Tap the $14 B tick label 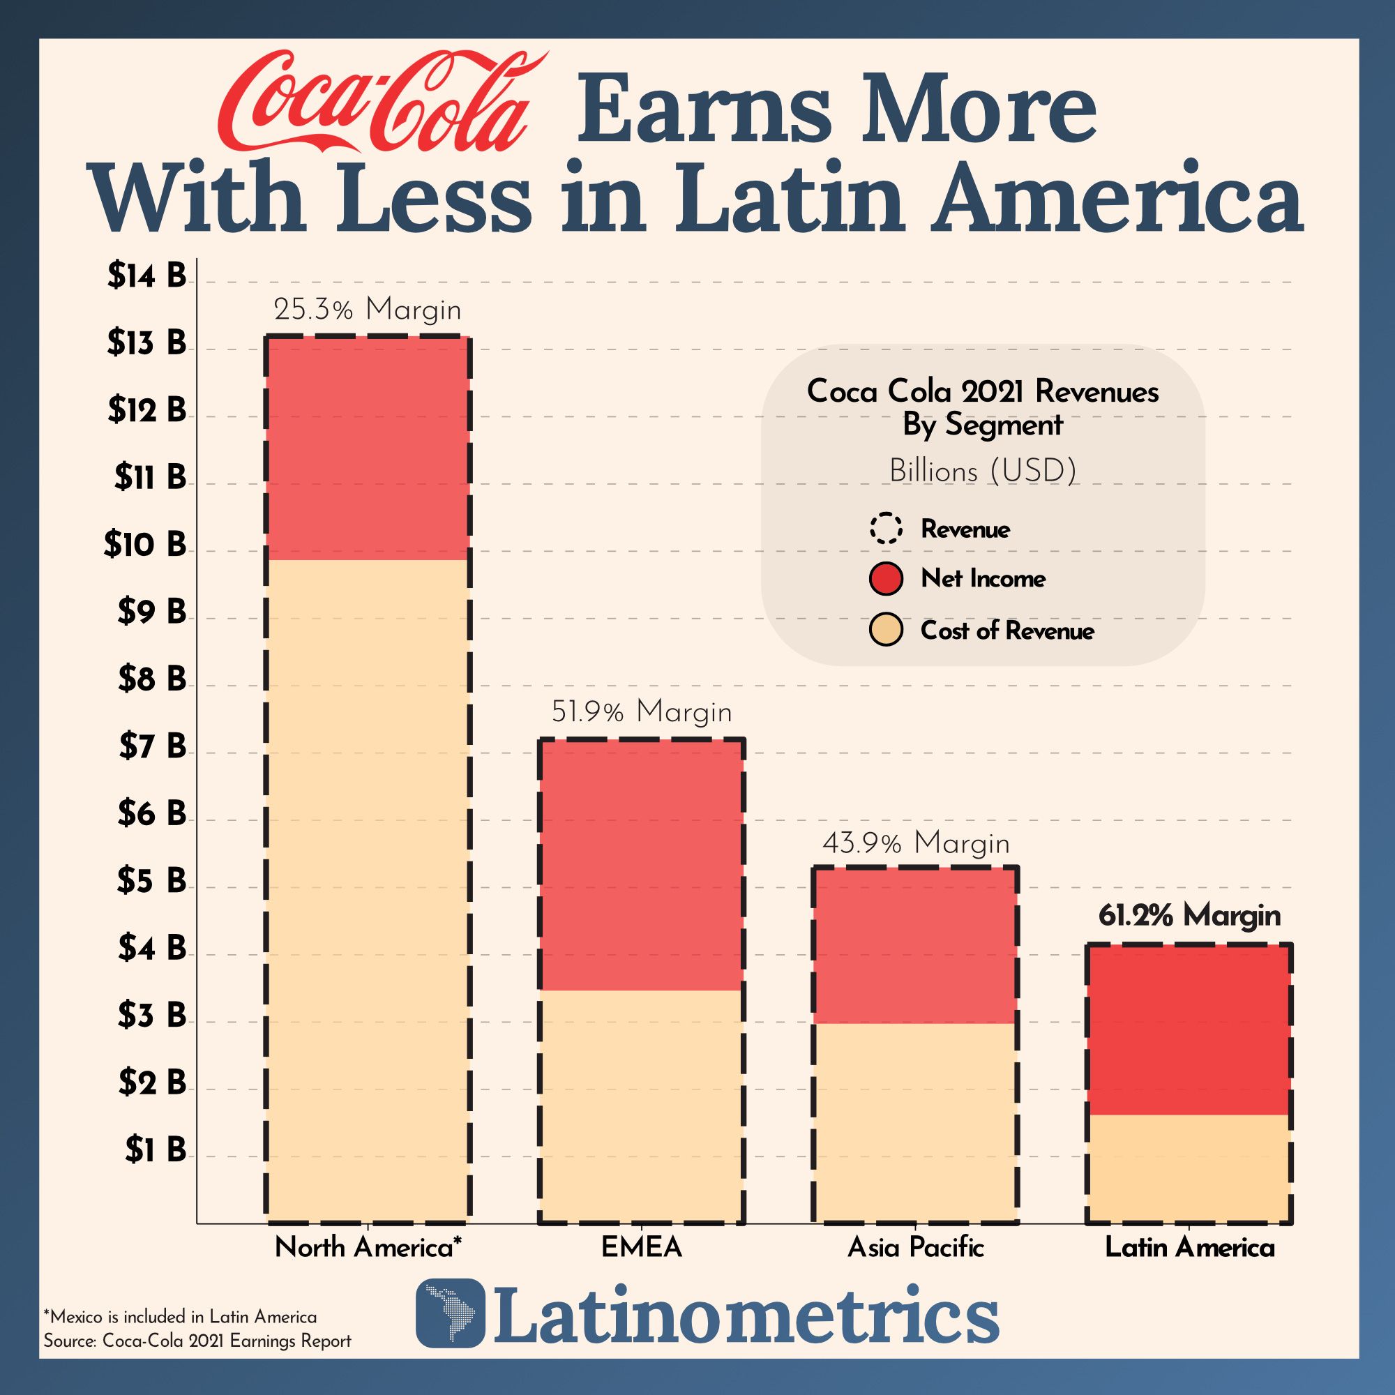(146, 275)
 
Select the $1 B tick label (156, 1149)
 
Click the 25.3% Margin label (367, 310)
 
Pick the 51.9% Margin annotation (641, 712)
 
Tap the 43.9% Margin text (916, 843)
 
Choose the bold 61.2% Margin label (1189, 916)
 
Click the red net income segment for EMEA (641, 864)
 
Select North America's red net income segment (367, 448)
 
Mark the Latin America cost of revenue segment (1189, 1169)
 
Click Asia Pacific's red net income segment (916, 945)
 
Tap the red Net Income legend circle (886, 578)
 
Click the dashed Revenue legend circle (886, 529)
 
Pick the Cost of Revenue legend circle (886, 631)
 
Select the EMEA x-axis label (641, 1248)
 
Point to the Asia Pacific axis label (916, 1248)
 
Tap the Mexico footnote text (180, 1316)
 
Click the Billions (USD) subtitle (983, 472)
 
